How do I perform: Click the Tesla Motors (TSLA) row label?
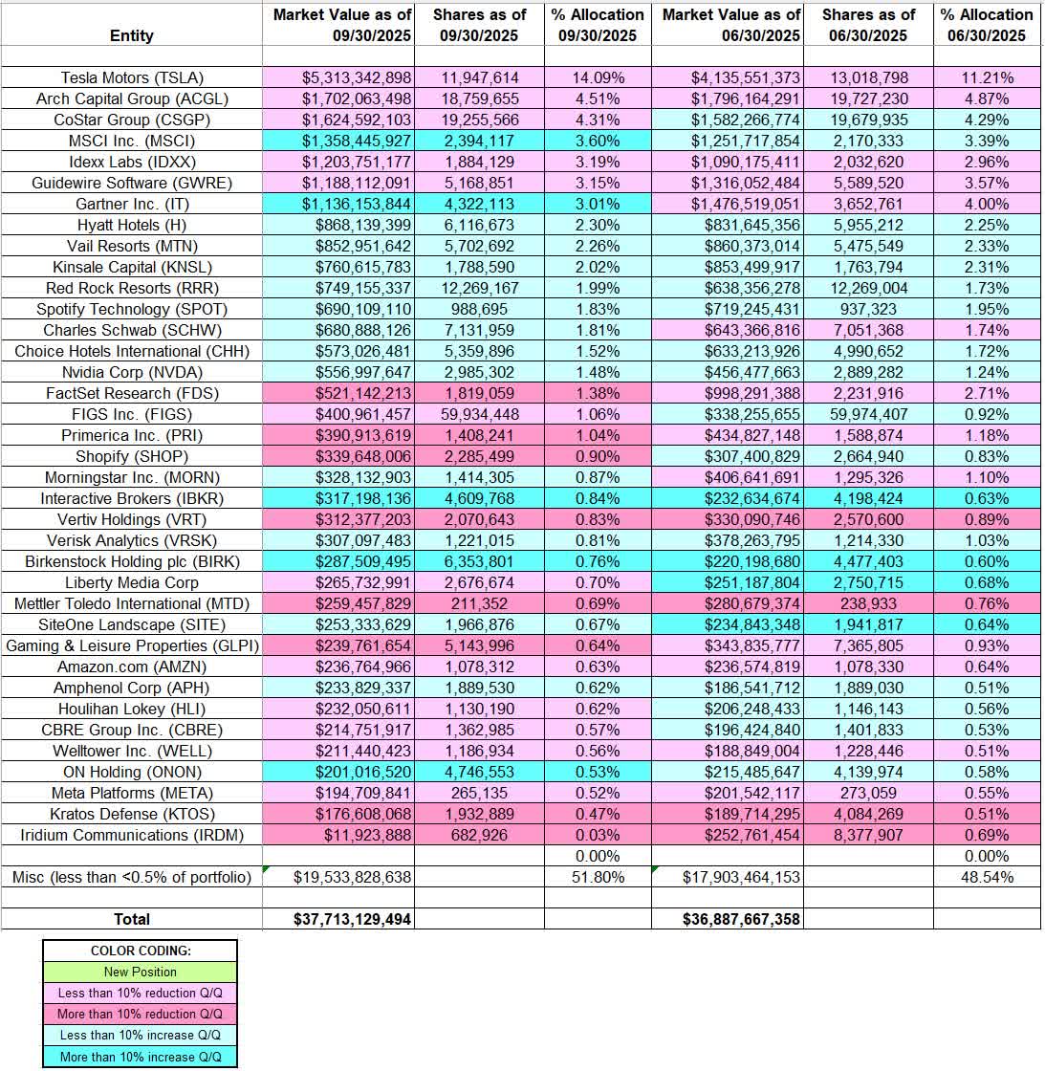[132, 78]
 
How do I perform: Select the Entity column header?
[132, 35]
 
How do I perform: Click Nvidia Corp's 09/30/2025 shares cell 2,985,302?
[479, 372]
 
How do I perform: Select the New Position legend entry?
[140, 972]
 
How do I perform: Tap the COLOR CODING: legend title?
[140, 951]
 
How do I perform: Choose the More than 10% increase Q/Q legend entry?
[140, 1056]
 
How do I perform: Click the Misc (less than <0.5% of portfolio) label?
[132, 877]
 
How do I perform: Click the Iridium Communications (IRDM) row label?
[132, 835]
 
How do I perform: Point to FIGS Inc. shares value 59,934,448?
[479, 414]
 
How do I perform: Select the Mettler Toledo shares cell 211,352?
[479, 603]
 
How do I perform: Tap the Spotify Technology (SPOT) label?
[132, 309]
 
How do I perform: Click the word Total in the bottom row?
[132, 919]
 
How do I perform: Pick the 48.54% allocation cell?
[986, 877]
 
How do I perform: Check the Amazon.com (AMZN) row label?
[132, 667]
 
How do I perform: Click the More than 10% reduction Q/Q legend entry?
[140, 1014]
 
